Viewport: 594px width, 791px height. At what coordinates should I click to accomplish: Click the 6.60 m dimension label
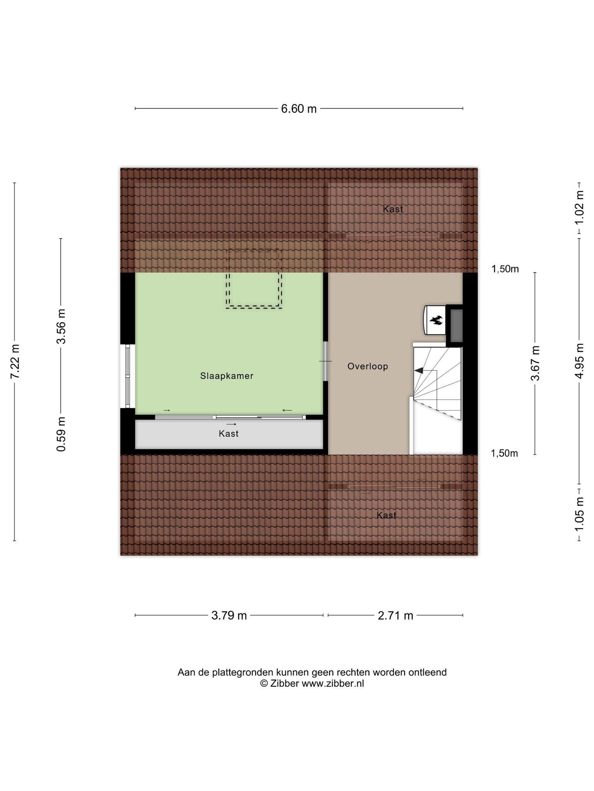click(299, 109)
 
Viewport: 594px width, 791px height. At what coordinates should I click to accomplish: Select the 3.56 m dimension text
click(61, 326)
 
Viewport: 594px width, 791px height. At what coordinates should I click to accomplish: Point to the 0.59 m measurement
click(61, 434)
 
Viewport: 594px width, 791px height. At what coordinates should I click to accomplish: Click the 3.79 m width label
click(229, 615)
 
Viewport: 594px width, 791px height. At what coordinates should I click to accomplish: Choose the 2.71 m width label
click(395, 615)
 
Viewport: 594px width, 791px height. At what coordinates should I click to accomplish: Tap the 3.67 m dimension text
click(535, 363)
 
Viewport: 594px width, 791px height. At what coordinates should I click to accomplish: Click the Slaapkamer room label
click(227, 376)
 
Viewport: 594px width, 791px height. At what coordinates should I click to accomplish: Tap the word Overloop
click(367, 366)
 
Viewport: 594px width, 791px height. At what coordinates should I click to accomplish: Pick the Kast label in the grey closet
click(229, 433)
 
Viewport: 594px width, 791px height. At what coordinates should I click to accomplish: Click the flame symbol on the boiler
click(436, 320)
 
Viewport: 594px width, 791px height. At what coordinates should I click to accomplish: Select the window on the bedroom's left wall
click(128, 376)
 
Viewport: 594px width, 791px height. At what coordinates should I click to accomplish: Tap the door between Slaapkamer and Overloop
click(326, 361)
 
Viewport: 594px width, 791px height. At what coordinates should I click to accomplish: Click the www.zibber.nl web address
click(333, 683)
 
